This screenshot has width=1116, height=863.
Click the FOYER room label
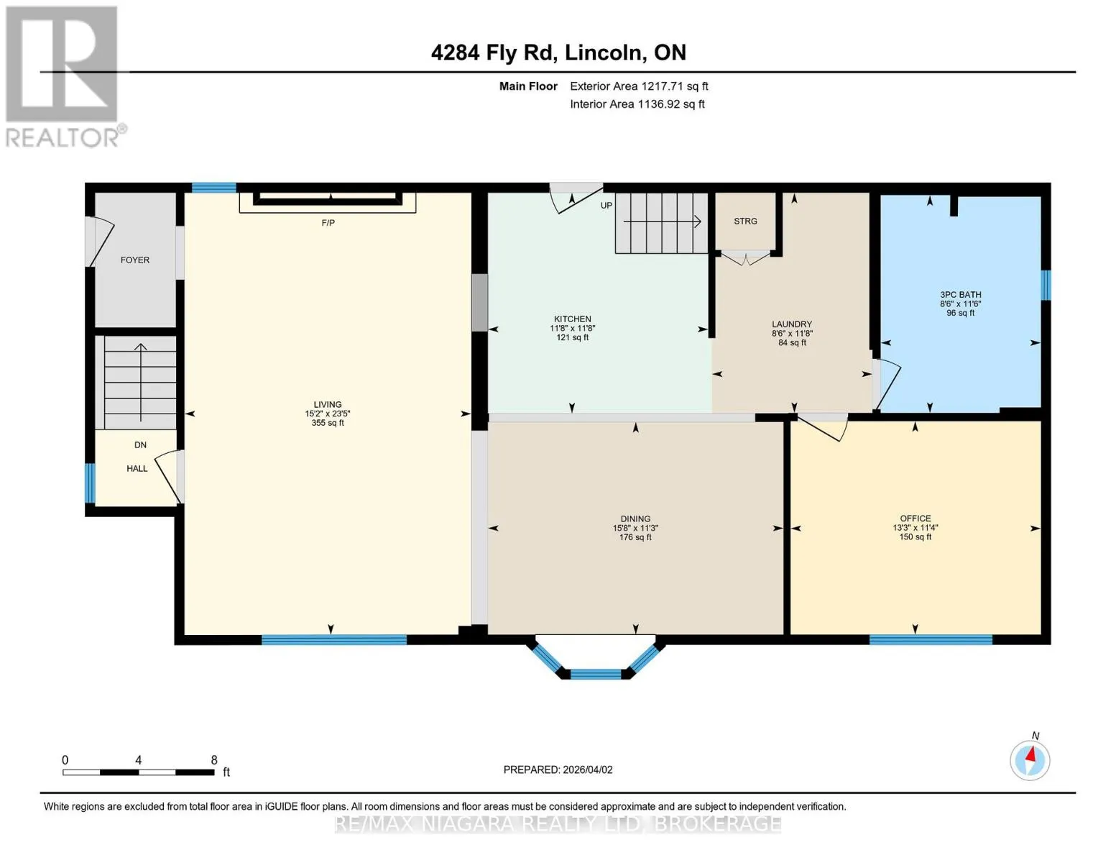coord(135,260)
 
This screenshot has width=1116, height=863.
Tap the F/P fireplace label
coord(328,222)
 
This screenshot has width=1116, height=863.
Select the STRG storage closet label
coord(745,221)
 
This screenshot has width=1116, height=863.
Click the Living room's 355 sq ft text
coord(328,423)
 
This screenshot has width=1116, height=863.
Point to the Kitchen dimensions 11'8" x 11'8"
coord(572,329)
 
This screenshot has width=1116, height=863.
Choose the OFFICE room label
coord(916,519)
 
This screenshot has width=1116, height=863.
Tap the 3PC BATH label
coord(960,295)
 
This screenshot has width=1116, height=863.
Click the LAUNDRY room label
coord(792,324)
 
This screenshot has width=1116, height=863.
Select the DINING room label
coord(635,519)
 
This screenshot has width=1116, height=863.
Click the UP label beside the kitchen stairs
coord(607,206)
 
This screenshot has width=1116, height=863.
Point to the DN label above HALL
coord(140,445)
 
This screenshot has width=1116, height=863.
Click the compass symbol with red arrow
coord(1030,760)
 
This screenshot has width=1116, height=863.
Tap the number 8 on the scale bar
coord(214,759)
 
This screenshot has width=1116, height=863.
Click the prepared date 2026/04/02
coord(588,770)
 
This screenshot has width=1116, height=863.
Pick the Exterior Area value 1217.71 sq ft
coord(674,86)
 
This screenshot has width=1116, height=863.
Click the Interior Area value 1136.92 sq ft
coord(671,104)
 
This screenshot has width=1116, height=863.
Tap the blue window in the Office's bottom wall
coord(931,640)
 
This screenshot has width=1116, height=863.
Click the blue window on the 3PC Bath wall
coord(1046,286)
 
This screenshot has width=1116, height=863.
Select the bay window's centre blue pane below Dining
coord(596,674)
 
